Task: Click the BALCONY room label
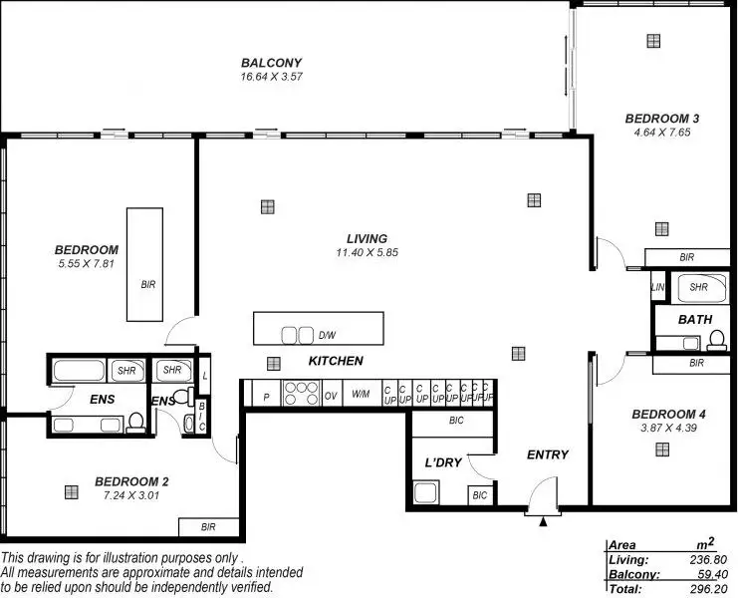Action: tap(271, 63)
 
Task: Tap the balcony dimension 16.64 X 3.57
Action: tap(271, 77)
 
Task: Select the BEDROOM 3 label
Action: tap(662, 119)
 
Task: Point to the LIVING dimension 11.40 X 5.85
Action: tap(367, 253)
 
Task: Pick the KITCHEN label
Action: tap(336, 361)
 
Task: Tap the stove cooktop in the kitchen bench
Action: tap(302, 394)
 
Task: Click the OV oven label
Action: tap(332, 396)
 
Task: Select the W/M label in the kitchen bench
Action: tap(361, 396)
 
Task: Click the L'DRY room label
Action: tap(443, 462)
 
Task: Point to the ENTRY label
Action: tap(548, 455)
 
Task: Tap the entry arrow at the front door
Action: tap(542, 520)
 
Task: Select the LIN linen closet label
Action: tap(657, 288)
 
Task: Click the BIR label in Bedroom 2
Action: tap(208, 527)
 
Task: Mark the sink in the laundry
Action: tap(426, 493)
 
